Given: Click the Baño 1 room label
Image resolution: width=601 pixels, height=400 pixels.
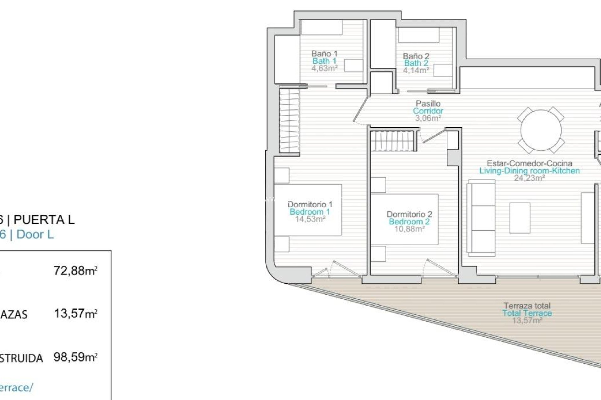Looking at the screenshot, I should [324, 53].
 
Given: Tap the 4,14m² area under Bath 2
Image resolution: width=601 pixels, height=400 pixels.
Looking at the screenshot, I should [416, 70].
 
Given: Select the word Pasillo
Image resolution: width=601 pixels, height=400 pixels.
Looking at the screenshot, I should [428, 103].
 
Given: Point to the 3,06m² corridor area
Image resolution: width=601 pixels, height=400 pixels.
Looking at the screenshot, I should [428, 118].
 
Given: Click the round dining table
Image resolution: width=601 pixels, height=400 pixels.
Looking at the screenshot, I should [541, 130].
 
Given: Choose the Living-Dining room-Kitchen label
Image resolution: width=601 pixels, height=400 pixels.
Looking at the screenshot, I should [529, 171].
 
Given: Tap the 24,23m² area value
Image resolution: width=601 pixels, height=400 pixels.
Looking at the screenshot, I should [529, 178].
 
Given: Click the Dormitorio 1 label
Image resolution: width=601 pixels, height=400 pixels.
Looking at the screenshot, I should [310, 204].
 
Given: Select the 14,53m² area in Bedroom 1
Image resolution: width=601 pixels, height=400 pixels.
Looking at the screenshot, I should [310, 219].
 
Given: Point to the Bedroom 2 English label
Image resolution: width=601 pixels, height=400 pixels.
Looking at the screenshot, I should [409, 222].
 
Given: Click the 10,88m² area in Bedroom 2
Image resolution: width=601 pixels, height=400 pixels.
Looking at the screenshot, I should [409, 229].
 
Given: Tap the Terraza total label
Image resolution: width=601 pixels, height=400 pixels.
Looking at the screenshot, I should [527, 306].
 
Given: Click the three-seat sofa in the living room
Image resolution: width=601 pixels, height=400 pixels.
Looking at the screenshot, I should [481, 218].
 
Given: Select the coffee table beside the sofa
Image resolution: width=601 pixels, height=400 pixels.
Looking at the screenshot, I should [520, 218].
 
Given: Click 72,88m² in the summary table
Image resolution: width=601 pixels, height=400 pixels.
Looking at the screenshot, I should [75, 271].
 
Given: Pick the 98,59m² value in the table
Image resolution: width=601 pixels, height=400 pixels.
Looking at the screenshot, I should [75, 357].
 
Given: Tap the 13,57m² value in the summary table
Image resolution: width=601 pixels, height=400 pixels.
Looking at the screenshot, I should [75, 313].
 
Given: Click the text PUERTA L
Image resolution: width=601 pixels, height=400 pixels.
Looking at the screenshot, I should [44, 220].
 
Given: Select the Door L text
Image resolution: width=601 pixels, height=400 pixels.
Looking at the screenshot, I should [35, 234].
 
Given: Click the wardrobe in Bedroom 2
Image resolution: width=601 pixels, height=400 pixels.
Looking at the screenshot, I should [393, 141].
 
